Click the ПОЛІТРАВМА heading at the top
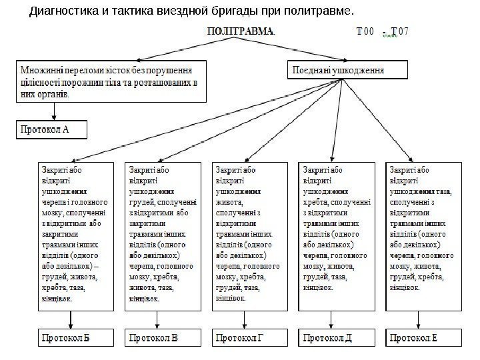[x=241, y=31]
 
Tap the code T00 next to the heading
[x=366, y=31]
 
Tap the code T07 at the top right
[x=401, y=31]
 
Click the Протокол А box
[x=52, y=129]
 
